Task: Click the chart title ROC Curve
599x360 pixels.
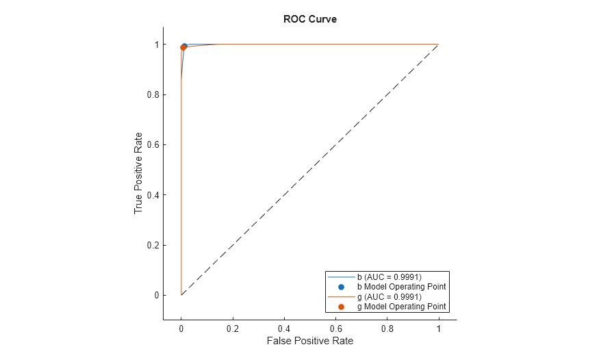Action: point(309,19)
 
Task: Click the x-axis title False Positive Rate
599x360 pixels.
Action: point(309,341)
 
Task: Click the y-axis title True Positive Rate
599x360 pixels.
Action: point(139,172)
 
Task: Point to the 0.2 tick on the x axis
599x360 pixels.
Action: point(232,328)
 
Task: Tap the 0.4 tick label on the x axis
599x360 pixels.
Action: point(283,328)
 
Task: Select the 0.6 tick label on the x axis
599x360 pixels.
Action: point(335,328)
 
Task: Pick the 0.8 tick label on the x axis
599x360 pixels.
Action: point(387,328)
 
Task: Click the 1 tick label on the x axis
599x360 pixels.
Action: point(438,328)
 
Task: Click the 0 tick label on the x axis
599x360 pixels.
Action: point(181,328)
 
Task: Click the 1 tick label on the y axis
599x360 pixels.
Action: point(155,44)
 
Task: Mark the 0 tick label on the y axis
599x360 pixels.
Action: point(155,295)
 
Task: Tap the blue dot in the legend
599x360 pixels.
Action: point(341,287)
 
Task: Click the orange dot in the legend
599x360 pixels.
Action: point(341,307)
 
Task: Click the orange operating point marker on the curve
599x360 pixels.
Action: point(183,47)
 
